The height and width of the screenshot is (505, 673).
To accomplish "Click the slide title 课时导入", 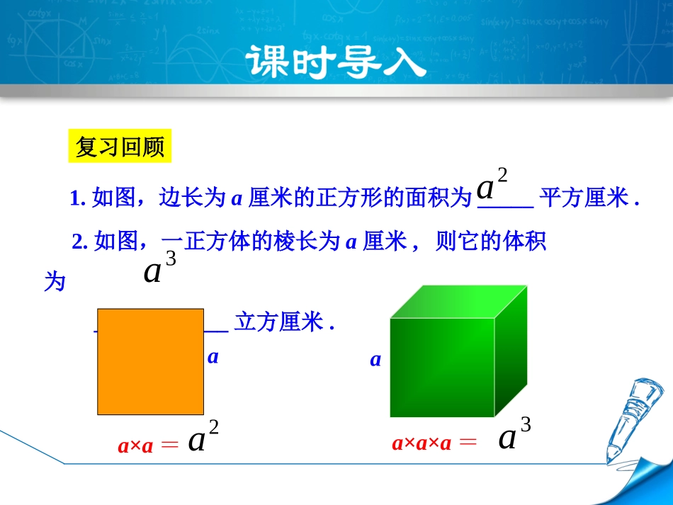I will (x=336, y=64).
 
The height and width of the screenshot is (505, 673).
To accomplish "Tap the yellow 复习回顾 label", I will (x=120, y=147).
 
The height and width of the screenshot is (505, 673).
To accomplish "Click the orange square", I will (x=150, y=362).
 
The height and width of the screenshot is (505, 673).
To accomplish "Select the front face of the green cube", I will (x=441, y=368).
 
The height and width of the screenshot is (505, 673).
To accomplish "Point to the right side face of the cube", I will (x=511, y=351).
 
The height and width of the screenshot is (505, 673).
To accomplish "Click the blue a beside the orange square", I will (x=213, y=358).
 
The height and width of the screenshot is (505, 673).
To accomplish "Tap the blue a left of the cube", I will (x=375, y=361).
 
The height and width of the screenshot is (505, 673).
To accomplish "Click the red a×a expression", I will (x=135, y=447).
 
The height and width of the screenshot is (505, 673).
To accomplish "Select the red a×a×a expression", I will (x=422, y=444).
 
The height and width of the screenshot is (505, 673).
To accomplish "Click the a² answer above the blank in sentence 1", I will (x=492, y=186).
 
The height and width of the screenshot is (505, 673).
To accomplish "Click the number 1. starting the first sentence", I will (x=78, y=199).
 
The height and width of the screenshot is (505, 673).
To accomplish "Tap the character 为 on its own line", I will (x=55, y=283).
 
